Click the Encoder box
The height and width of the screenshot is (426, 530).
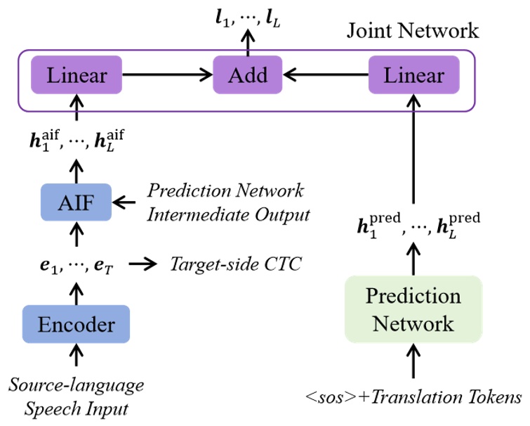[x=76, y=325]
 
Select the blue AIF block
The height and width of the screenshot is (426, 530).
[x=76, y=204]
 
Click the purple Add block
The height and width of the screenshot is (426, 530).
[x=248, y=74]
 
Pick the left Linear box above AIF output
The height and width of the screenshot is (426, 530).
[x=77, y=74]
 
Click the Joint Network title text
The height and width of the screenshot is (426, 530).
[x=413, y=31]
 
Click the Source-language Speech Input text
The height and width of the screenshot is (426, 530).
[x=76, y=397]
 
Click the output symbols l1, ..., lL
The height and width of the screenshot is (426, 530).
[x=248, y=13]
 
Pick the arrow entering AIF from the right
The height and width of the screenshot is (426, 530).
[x=126, y=204]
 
